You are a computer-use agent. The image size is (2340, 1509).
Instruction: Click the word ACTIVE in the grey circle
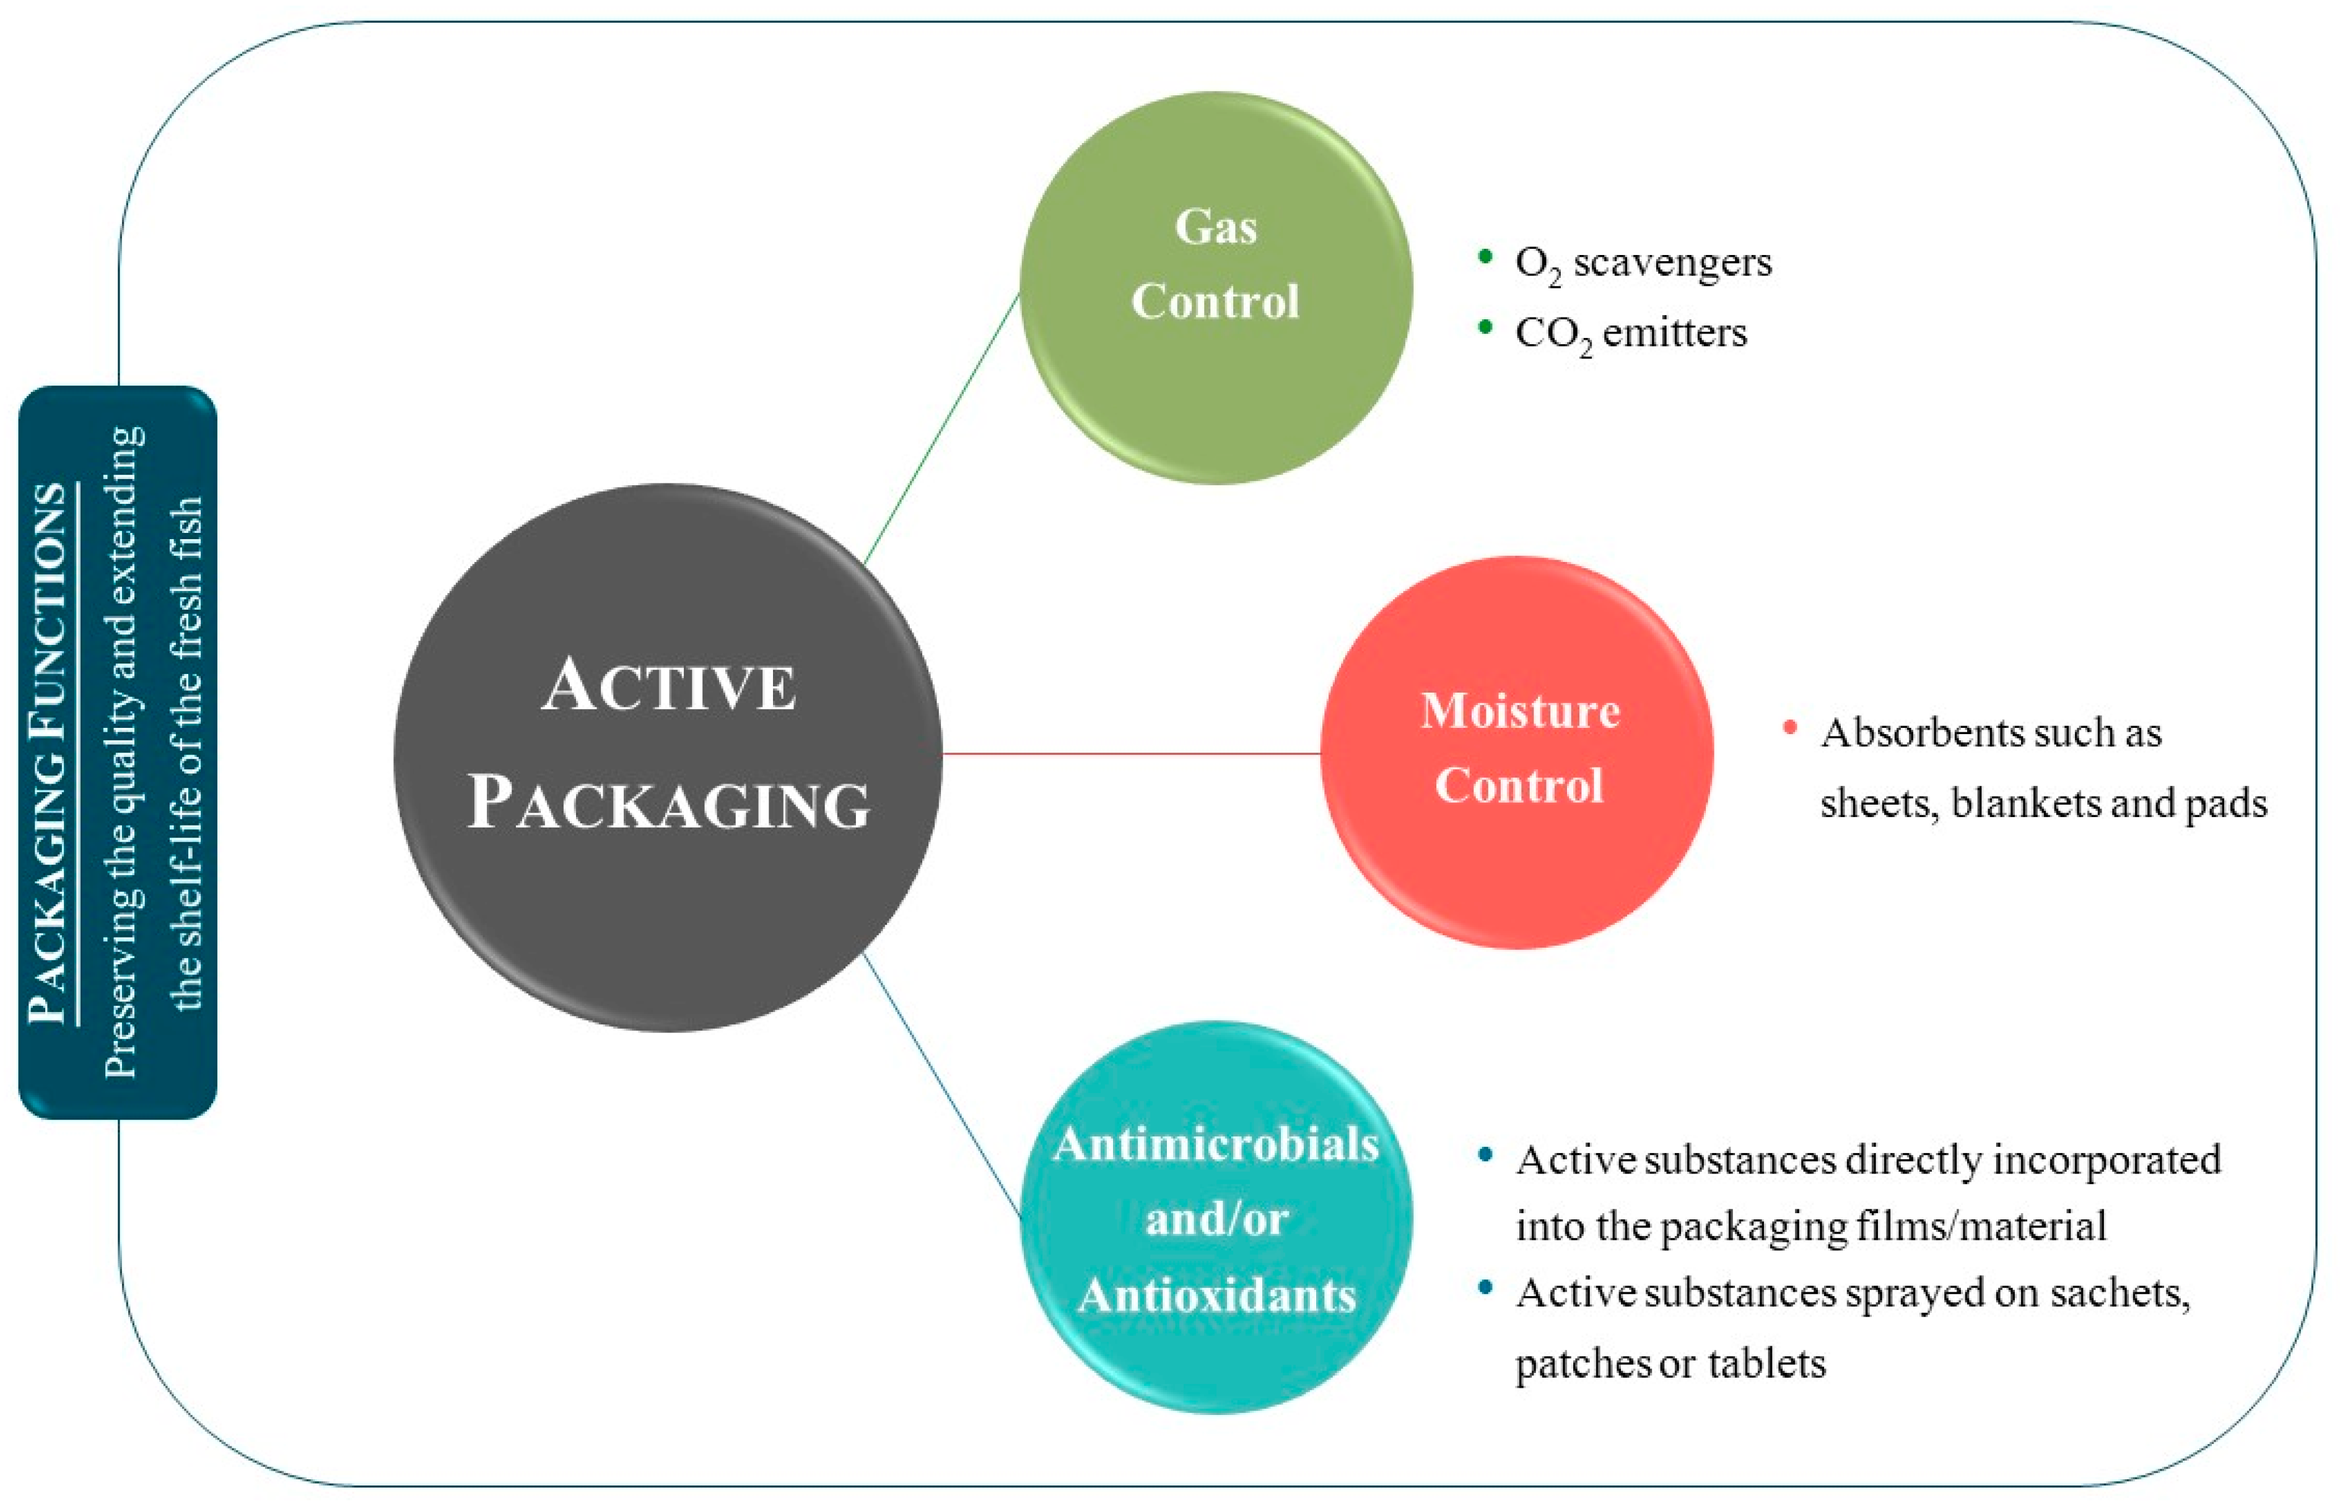668,685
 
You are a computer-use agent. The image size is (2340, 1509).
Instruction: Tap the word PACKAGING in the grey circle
668,803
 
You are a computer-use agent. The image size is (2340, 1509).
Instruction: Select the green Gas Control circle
1216,287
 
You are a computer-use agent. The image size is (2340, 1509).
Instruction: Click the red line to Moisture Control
1131,753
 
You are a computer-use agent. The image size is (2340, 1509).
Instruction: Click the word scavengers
1672,262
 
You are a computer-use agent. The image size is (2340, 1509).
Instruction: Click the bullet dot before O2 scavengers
1485,257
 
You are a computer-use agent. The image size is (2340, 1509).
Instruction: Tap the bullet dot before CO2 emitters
1485,327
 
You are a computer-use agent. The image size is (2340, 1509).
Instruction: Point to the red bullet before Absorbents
1790,727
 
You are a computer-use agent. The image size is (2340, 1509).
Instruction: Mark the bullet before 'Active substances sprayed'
1486,1287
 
